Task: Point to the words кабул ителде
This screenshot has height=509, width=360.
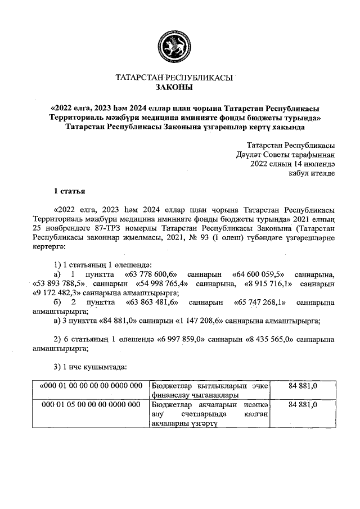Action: tap(312, 173)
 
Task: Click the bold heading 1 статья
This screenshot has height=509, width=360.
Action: tap(69, 192)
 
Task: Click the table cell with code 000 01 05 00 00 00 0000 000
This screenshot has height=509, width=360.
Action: tap(91, 404)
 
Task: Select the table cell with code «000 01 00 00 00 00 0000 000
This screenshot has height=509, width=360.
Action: tap(91, 386)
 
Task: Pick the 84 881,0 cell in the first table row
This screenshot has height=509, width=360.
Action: tap(303, 386)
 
